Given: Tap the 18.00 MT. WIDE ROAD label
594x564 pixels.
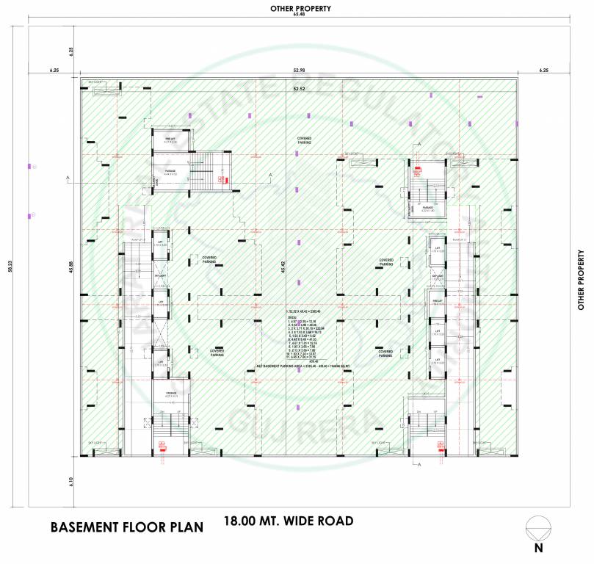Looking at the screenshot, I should [x=289, y=521].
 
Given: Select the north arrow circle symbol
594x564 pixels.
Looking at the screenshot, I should [x=538, y=528].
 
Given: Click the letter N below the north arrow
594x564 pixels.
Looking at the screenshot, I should [x=538, y=548].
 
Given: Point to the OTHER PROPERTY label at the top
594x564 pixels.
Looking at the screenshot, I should [x=300, y=7].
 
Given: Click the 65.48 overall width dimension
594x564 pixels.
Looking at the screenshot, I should [x=300, y=15].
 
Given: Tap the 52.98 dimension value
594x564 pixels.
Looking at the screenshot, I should [x=300, y=70].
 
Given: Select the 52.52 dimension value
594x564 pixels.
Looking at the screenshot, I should [x=300, y=89].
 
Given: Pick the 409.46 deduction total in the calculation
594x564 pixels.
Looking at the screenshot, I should [x=314, y=361].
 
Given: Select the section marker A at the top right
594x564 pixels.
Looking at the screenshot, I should [x=419, y=145].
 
